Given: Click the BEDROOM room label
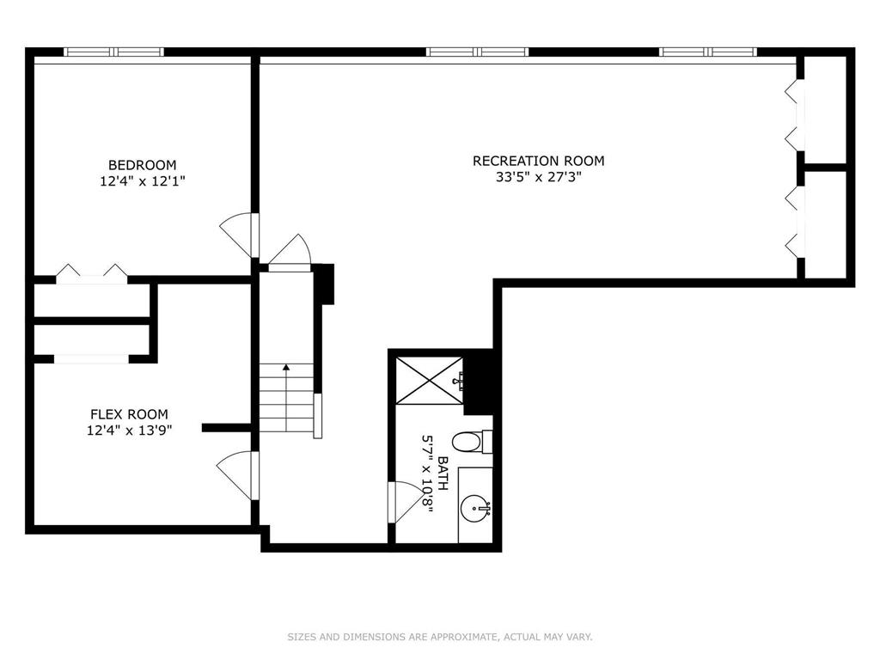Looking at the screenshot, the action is click(142, 165).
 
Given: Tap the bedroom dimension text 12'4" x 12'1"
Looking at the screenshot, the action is click(142, 181).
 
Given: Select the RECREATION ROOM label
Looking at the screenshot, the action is click(538, 161).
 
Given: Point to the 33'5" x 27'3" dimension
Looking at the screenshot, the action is click(538, 177).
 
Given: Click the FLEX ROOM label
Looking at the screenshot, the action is click(129, 414).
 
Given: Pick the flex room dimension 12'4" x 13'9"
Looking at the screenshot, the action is click(129, 431).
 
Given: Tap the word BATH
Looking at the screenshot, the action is click(443, 474).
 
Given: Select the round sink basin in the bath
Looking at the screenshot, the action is click(475, 509).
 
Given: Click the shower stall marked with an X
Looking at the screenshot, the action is click(430, 381).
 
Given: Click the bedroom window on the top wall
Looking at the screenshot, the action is click(114, 52).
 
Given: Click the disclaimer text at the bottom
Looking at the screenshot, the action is click(440, 637).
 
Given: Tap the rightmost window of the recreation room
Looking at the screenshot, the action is click(708, 52).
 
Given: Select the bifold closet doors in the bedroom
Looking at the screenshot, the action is click(92, 271).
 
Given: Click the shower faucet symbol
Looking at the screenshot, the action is click(459, 382).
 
